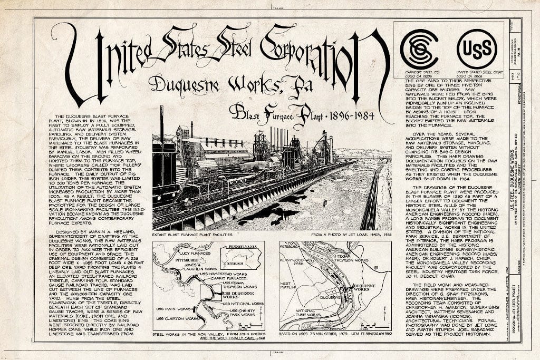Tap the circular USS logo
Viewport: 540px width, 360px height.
[477, 49]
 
